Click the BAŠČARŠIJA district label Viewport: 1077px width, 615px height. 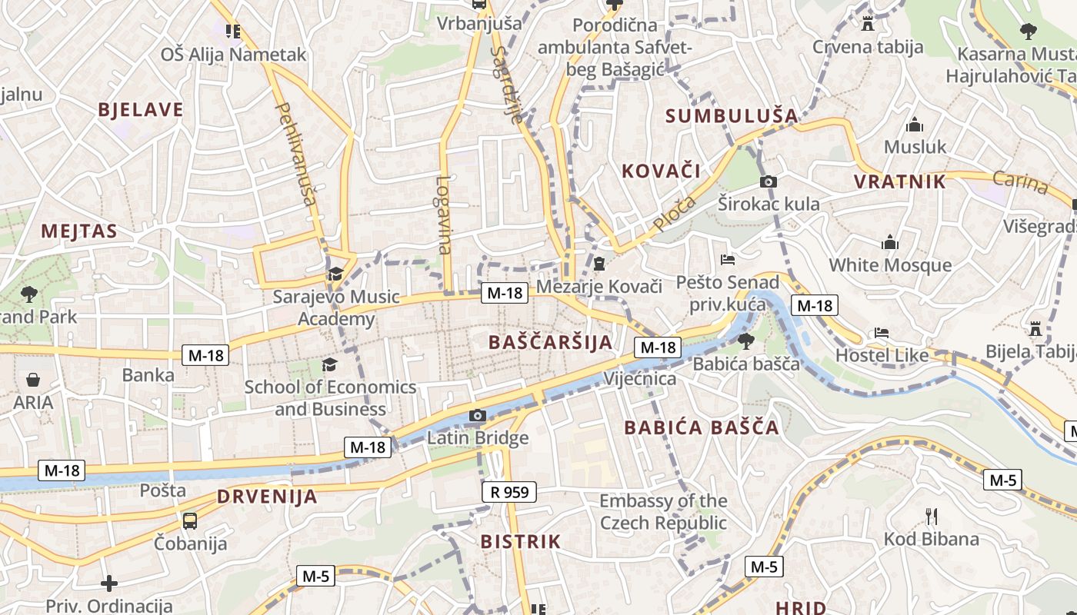click(x=551, y=343)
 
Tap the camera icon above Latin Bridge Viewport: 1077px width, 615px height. click(x=478, y=416)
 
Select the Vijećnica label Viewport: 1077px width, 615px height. click(x=640, y=379)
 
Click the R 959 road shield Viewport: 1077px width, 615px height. click(x=508, y=492)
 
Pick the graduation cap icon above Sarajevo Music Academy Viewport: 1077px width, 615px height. click(x=335, y=274)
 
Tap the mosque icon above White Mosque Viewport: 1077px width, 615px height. click(x=890, y=243)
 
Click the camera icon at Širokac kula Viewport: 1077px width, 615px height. click(x=768, y=182)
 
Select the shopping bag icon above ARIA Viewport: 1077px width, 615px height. click(x=33, y=380)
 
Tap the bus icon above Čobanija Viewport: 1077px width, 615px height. click(x=190, y=520)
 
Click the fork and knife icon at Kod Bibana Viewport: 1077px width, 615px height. click(x=931, y=516)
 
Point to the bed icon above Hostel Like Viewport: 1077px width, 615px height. click(x=882, y=334)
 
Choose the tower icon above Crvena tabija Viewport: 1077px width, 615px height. click(x=868, y=24)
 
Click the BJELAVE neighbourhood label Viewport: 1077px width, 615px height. click(x=141, y=110)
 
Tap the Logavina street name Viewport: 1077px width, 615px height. click(x=443, y=215)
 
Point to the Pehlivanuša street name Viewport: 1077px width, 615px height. click(x=295, y=154)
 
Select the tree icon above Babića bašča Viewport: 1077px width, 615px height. click(x=745, y=341)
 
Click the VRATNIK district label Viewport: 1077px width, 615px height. click(x=899, y=182)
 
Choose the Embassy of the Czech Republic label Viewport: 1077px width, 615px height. click(x=663, y=512)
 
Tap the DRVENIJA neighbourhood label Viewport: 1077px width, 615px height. click(x=267, y=497)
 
